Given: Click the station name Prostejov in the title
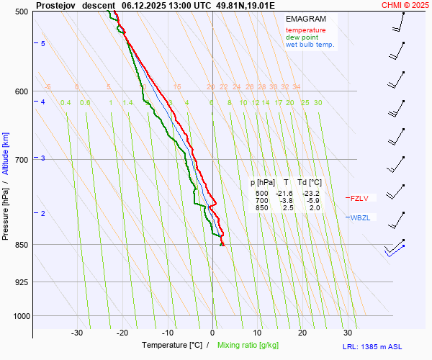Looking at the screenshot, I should [56, 5].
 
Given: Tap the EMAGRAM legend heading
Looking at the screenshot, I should [305, 19].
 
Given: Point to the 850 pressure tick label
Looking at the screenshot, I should [22, 245].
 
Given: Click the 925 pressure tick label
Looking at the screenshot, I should [22, 282].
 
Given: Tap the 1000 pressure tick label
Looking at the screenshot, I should [20, 315].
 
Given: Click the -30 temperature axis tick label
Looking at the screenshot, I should [77, 333].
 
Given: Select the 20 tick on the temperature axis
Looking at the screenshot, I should [302, 333].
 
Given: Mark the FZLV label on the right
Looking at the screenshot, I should [359, 198].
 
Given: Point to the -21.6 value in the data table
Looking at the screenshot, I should [285, 194].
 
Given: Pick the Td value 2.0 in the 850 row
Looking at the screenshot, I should [315, 208].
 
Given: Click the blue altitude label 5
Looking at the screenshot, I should [43, 44].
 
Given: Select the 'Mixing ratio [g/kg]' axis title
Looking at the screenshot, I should [248, 346].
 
